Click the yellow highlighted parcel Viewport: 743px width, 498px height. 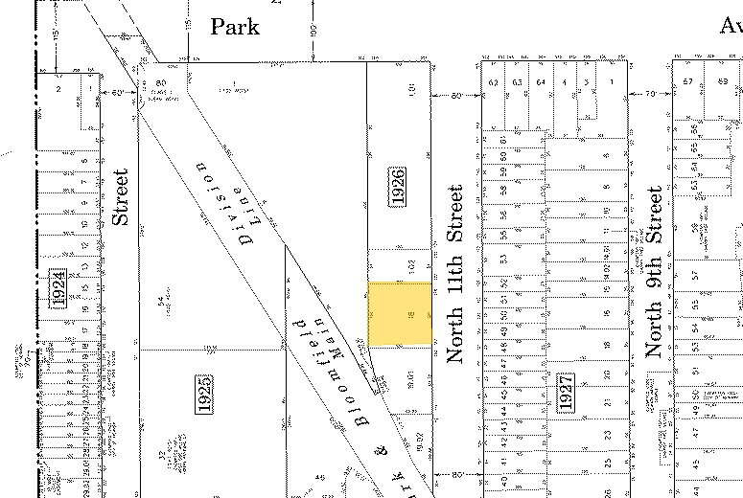pos(400,313)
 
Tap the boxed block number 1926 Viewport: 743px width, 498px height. pos(398,186)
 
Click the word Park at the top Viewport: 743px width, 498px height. pos(235,26)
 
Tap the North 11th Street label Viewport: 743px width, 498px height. pos(455,274)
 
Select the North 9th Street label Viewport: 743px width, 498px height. pos(654,272)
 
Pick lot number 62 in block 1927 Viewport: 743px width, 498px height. pos(494,82)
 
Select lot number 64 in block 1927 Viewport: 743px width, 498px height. pos(541,82)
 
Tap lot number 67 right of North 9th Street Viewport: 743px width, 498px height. pos(687,82)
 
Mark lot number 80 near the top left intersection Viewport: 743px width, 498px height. pos(161,83)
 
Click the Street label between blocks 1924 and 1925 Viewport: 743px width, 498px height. pos(120,197)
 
